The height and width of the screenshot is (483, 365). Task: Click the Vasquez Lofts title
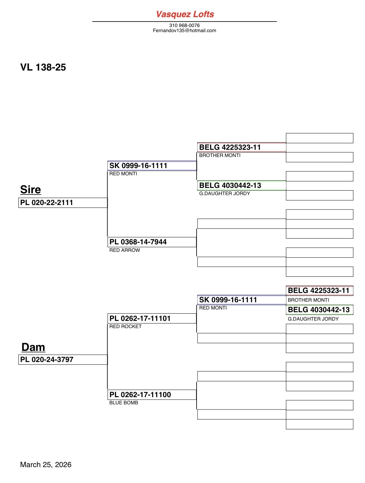185,14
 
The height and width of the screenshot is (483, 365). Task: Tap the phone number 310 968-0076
184,25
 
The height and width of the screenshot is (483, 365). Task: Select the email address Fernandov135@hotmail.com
184,30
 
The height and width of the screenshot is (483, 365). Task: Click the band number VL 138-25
43,67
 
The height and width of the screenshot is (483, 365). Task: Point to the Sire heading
31,189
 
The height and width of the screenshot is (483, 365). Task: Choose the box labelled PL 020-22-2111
63,203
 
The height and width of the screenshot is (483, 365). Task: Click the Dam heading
33,347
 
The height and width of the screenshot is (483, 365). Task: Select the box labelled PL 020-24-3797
63,360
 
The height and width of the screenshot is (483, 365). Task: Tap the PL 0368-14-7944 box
152,242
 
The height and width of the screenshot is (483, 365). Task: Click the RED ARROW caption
125,250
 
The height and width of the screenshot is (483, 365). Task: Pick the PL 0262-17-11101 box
152,318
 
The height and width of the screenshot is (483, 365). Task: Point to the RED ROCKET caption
125,326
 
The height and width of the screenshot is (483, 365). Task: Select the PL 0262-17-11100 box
152,395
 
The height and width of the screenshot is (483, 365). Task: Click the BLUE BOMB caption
124,403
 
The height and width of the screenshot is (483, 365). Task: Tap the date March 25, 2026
46,465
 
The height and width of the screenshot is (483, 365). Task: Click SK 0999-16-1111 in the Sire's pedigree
152,166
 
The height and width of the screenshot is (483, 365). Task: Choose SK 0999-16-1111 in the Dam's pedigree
241,300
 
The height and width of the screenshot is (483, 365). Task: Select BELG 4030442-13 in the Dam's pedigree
319,310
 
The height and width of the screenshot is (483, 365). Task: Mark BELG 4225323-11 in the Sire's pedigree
241,147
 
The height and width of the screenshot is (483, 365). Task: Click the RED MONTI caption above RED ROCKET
213,308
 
